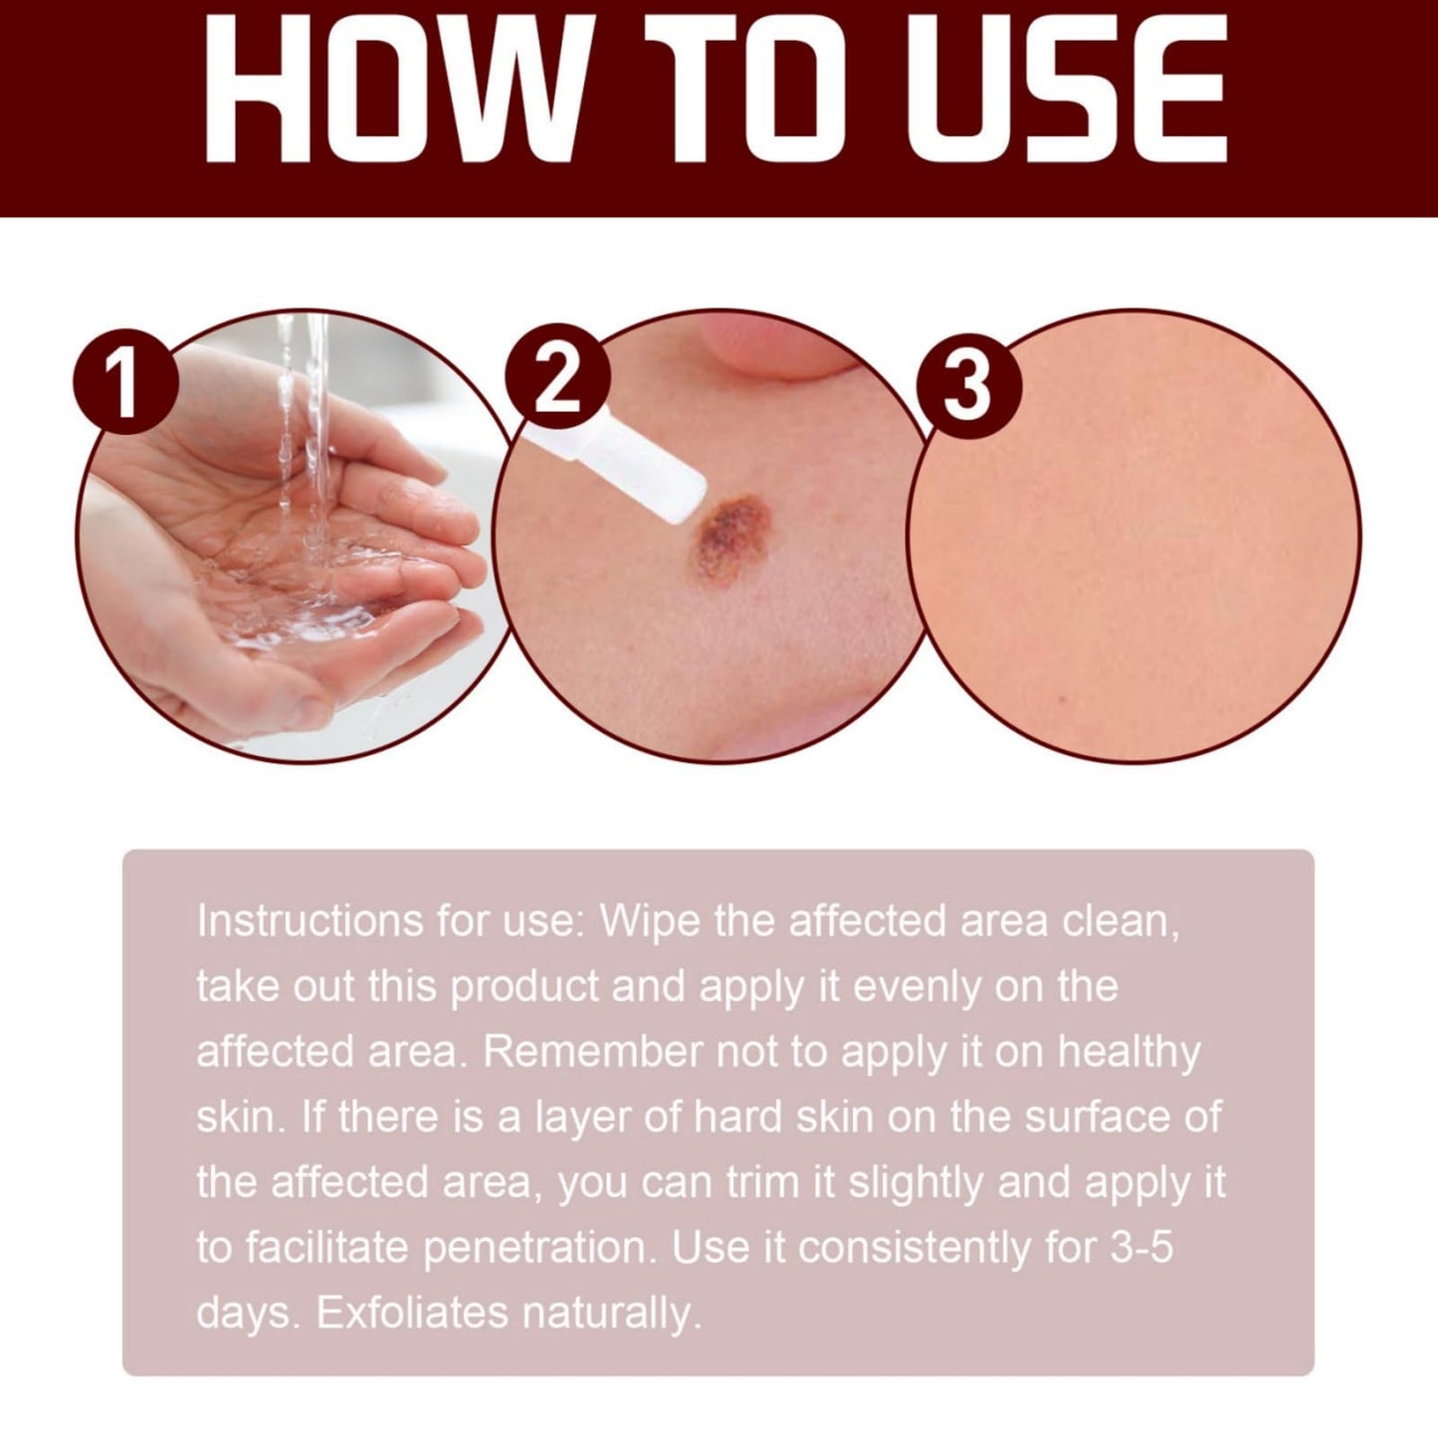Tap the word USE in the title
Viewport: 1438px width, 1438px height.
tap(1067, 89)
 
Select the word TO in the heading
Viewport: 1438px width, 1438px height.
tap(747, 89)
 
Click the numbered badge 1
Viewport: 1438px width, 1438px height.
tap(125, 381)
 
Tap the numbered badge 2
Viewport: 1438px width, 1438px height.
tap(557, 376)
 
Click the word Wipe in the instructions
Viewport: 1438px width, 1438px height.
tap(650, 924)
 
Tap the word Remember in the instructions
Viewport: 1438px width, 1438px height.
tap(592, 1052)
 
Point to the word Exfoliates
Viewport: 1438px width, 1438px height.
tap(413, 1313)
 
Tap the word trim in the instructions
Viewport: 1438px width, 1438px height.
tap(762, 1183)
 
